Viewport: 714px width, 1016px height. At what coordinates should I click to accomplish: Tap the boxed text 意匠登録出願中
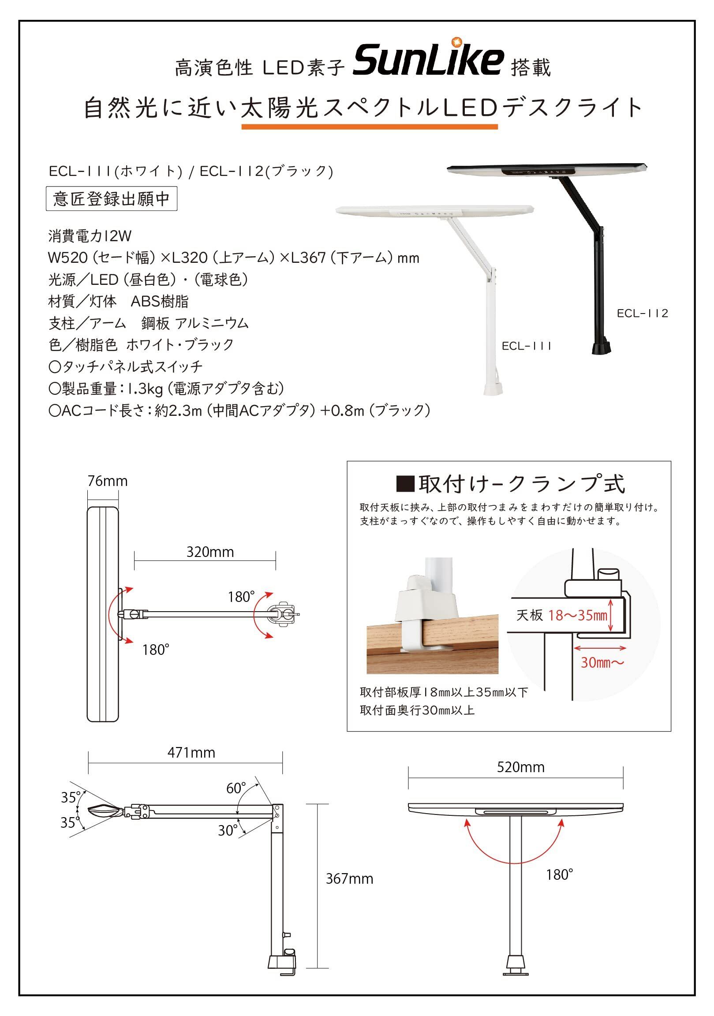(112, 199)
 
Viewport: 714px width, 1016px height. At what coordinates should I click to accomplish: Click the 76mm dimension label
(108, 481)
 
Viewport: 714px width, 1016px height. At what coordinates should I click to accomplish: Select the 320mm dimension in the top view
(210, 552)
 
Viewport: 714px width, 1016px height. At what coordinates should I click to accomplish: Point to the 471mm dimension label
(191, 753)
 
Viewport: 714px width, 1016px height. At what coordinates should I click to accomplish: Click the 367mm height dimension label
(350, 878)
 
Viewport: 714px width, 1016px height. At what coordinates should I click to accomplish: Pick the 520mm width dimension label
(520, 767)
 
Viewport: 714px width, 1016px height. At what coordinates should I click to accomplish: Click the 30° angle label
(228, 831)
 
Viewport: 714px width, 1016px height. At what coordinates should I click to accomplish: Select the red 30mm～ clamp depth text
(602, 662)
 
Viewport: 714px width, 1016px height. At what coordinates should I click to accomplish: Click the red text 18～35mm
(578, 615)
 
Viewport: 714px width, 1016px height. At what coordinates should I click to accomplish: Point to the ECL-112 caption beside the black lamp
(642, 313)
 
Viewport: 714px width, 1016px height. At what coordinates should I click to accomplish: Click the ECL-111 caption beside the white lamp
(527, 346)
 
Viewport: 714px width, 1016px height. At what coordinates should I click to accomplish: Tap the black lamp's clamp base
(602, 346)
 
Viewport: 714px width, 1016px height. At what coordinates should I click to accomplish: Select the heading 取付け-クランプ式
(511, 484)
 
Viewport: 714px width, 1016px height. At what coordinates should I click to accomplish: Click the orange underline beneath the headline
(370, 127)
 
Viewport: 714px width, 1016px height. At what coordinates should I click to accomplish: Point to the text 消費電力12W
(90, 236)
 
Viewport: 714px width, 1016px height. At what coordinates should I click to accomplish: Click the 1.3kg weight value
(146, 388)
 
